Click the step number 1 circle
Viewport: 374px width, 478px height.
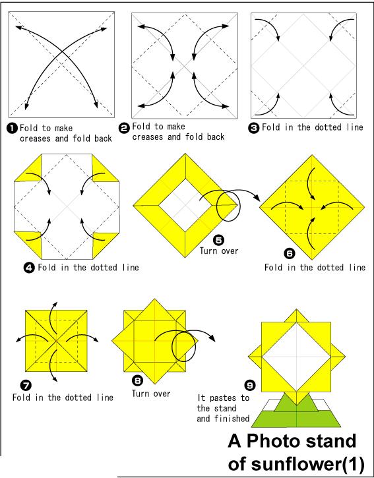click(12, 129)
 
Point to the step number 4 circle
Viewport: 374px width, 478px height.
click(29, 268)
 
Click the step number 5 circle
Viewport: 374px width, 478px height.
click(219, 241)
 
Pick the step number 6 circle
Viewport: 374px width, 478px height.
click(289, 253)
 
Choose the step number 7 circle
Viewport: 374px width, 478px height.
click(26, 386)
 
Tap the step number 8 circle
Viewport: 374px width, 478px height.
click(137, 380)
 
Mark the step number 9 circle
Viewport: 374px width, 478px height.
click(250, 386)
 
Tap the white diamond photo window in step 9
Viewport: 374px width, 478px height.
click(297, 357)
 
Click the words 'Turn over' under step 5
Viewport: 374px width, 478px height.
click(219, 251)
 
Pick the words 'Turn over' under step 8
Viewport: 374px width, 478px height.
click(151, 394)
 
